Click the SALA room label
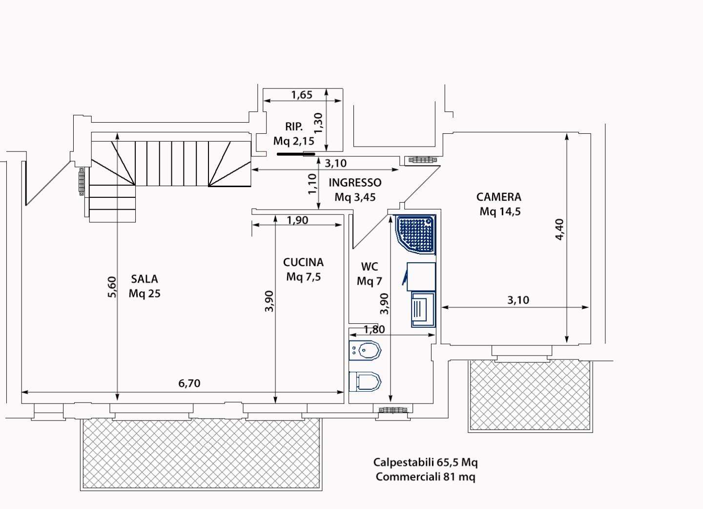[x=145, y=279]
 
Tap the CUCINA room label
[x=303, y=262]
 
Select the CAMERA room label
[x=499, y=197]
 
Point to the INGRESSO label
[x=355, y=182]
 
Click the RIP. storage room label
[x=294, y=127]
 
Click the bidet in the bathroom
[x=365, y=350]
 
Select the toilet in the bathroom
[x=365, y=382]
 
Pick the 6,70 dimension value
[x=189, y=383]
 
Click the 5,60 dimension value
[x=112, y=287]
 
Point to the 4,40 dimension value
[x=559, y=230]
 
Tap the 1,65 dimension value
[x=302, y=94]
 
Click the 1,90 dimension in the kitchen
[x=297, y=220]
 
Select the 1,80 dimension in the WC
[x=374, y=329]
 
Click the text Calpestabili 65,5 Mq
[x=426, y=462]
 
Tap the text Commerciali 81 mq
[x=426, y=477]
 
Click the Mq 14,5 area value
[x=500, y=212]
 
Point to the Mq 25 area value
[x=145, y=294]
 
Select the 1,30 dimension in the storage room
[x=318, y=123]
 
